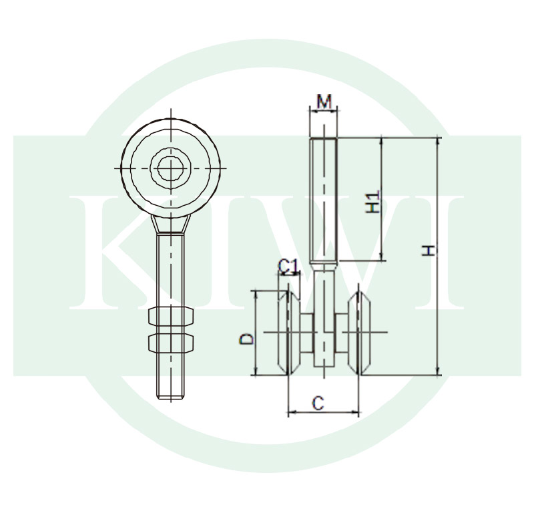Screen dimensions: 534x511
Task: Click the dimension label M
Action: coord(324,102)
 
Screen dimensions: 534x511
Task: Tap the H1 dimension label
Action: coord(372,202)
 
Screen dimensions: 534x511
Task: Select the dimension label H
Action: coord(429,250)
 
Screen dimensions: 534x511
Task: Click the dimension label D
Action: coord(247,339)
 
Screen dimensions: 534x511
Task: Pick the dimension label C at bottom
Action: coord(318,403)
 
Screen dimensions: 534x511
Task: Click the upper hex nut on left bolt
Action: coord(171,316)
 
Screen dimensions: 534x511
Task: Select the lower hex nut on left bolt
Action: coord(171,343)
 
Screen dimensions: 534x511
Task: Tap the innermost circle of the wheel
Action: coord(171,168)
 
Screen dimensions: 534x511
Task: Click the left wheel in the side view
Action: coord(289,333)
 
